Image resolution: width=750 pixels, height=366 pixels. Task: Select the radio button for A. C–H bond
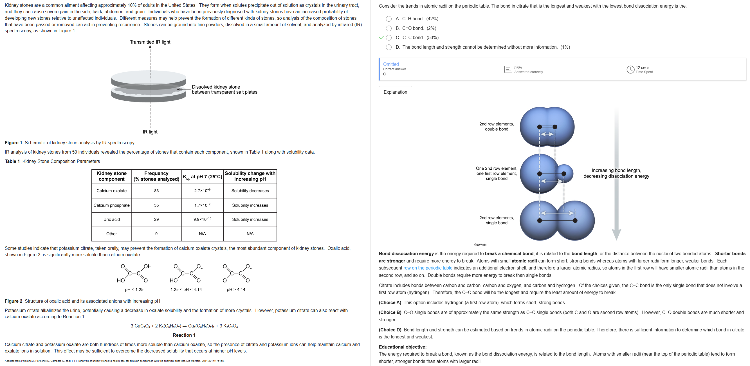389,19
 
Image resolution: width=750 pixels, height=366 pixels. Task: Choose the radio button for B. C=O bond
389,28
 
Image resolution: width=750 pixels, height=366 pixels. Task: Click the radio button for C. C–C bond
389,38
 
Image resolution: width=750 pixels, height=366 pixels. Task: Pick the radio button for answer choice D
389,47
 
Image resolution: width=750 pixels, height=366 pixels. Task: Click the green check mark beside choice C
381,38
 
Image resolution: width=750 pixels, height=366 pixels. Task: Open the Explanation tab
395,92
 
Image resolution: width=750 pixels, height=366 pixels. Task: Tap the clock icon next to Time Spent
630,69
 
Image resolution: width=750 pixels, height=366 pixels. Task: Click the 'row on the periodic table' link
428,268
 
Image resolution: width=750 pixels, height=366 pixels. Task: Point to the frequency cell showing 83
156,191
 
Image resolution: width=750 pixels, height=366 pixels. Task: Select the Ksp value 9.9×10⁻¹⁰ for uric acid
202,219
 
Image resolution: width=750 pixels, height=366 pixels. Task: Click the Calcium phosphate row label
111,205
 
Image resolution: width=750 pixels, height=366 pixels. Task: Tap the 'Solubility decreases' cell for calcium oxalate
250,191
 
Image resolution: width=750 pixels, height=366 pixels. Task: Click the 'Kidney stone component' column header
111,176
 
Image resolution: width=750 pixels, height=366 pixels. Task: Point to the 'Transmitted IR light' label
150,42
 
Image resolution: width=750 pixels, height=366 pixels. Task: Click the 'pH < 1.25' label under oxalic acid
134,289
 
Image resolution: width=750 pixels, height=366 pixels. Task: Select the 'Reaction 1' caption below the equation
184,335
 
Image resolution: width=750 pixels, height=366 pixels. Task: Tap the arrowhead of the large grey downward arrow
616,234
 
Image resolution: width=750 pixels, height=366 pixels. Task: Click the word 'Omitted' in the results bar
391,64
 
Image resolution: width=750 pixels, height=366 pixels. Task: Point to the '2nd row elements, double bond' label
497,126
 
